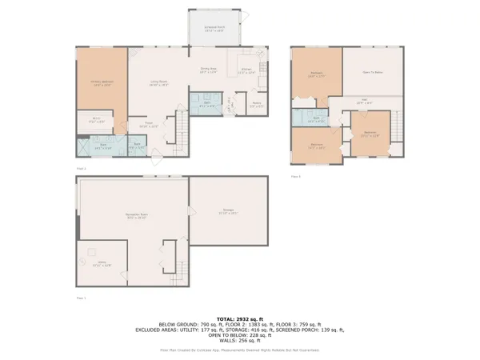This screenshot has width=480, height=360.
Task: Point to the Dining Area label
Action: [210, 70]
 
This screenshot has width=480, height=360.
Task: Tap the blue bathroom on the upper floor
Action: [317, 119]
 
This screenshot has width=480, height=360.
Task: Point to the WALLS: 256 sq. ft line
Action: [240, 339]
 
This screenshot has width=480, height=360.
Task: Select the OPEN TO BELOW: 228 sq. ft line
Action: [240, 334]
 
